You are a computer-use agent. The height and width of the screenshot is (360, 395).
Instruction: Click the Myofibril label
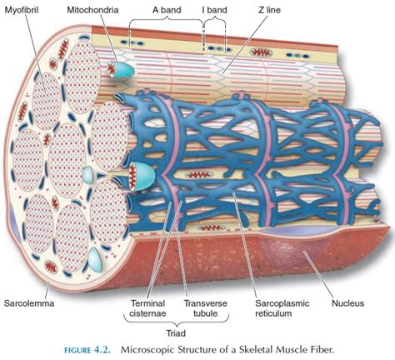pos(21,10)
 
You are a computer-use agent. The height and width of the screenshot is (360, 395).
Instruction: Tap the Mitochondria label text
pos(92,10)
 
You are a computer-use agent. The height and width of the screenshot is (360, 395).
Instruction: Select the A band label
pos(167,10)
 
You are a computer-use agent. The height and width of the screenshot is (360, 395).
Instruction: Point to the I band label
pos(214,10)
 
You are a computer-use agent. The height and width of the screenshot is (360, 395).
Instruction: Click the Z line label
pos(269,10)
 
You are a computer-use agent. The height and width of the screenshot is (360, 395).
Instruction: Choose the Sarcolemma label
pos(28,302)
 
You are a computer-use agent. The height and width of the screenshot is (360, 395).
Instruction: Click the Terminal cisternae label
pos(147,308)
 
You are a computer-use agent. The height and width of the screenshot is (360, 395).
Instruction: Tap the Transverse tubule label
pos(205,308)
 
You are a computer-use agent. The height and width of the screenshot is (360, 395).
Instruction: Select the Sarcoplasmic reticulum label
pos(282,308)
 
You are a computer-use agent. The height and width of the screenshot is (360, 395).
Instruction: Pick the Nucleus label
pos(347,302)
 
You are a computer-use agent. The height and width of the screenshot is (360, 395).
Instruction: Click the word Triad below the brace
pos(176,333)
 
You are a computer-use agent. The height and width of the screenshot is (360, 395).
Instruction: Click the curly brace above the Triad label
pos(176,322)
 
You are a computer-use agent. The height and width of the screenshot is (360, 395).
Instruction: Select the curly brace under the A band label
pos(167,21)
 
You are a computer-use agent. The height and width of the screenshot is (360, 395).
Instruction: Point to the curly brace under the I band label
pos(215,21)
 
